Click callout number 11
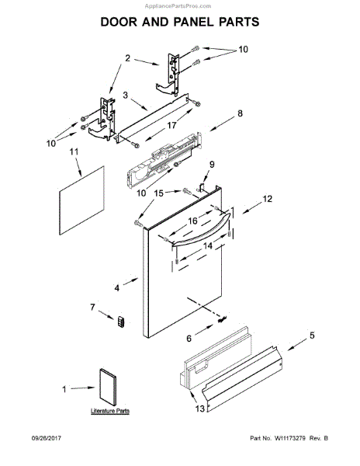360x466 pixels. click(x=75, y=153)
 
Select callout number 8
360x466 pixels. click(x=240, y=113)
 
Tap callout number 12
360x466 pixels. click(x=268, y=199)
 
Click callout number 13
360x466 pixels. click(x=188, y=338)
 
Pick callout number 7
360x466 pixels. click(x=94, y=308)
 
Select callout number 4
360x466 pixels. click(x=117, y=287)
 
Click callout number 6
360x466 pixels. click(x=209, y=164)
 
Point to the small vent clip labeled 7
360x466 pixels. click(x=120, y=322)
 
